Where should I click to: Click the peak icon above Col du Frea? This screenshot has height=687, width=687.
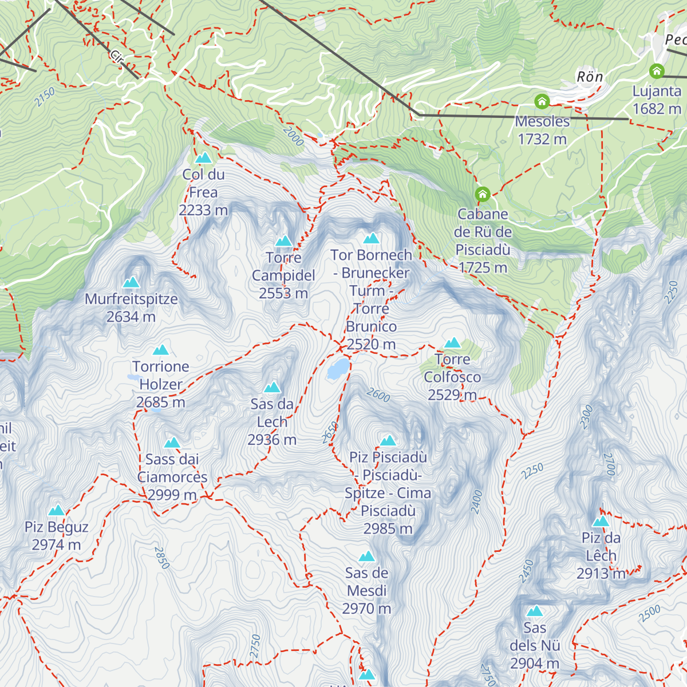click(203, 158)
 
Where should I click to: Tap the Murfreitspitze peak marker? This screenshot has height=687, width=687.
click(131, 282)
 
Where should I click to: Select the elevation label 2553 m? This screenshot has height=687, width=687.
click(283, 293)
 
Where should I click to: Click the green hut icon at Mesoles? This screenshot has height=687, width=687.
click(542, 102)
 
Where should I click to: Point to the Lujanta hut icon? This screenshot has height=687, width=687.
click(657, 72)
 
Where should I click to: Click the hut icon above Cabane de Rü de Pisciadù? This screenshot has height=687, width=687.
click(483, 195)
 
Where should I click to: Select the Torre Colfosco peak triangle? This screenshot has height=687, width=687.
click(452, 343)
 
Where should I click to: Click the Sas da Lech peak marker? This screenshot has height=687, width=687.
click(272, 388)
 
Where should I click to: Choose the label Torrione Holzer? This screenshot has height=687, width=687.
click(161, 376)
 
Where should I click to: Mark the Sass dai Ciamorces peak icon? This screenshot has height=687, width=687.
click(172, 443)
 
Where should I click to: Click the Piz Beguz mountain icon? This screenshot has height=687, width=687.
click(56, 511)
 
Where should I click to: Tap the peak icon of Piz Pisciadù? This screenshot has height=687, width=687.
click(388, 441)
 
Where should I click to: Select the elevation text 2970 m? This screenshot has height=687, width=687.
click(366, 609)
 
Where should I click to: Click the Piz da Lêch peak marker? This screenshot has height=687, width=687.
click(601, 522)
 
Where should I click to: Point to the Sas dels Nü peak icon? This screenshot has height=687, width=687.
click(535, 611)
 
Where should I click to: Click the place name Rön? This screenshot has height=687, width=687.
click(590, 77)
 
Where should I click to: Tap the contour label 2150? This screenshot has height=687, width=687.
click(44, 97)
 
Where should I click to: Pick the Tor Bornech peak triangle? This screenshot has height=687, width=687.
click(371, 238)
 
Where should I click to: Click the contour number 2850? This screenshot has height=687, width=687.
click(162, 558)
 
